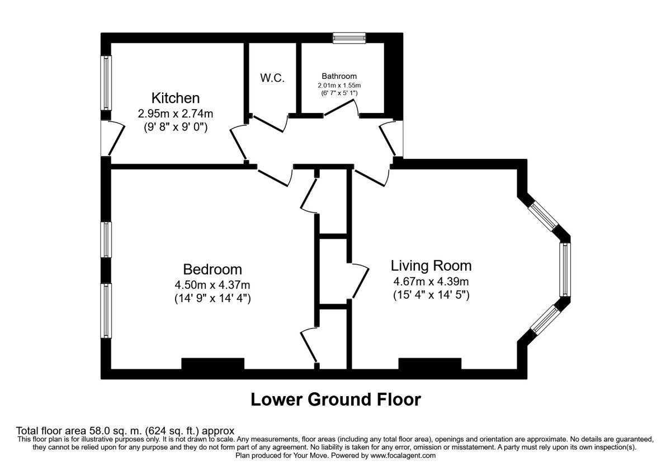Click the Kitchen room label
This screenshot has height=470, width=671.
(176, 98)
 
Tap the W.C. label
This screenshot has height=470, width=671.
(272, 78)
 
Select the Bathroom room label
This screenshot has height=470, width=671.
(339, 76)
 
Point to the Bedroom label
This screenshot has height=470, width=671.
(212, 269)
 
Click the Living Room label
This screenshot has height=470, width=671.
(431, 266)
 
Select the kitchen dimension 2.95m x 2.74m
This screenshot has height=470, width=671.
(176, 114)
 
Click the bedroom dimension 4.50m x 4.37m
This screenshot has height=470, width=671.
(212, 284)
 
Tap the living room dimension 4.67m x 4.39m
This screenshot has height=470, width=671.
(431, 281)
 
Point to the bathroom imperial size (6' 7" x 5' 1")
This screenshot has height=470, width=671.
(339, 93)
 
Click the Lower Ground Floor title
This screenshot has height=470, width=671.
(336, 399)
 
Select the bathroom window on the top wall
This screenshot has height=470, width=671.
(349, 38)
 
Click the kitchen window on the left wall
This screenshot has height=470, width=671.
(106, 83)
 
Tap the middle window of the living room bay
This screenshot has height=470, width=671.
(565, 270)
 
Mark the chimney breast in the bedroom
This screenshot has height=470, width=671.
(213, 364)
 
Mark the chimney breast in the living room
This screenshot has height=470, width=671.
(430, 364)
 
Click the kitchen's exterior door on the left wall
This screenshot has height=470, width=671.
(116, 138)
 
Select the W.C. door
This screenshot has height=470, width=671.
(269, 124)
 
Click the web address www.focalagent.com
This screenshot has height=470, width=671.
(403, 455)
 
